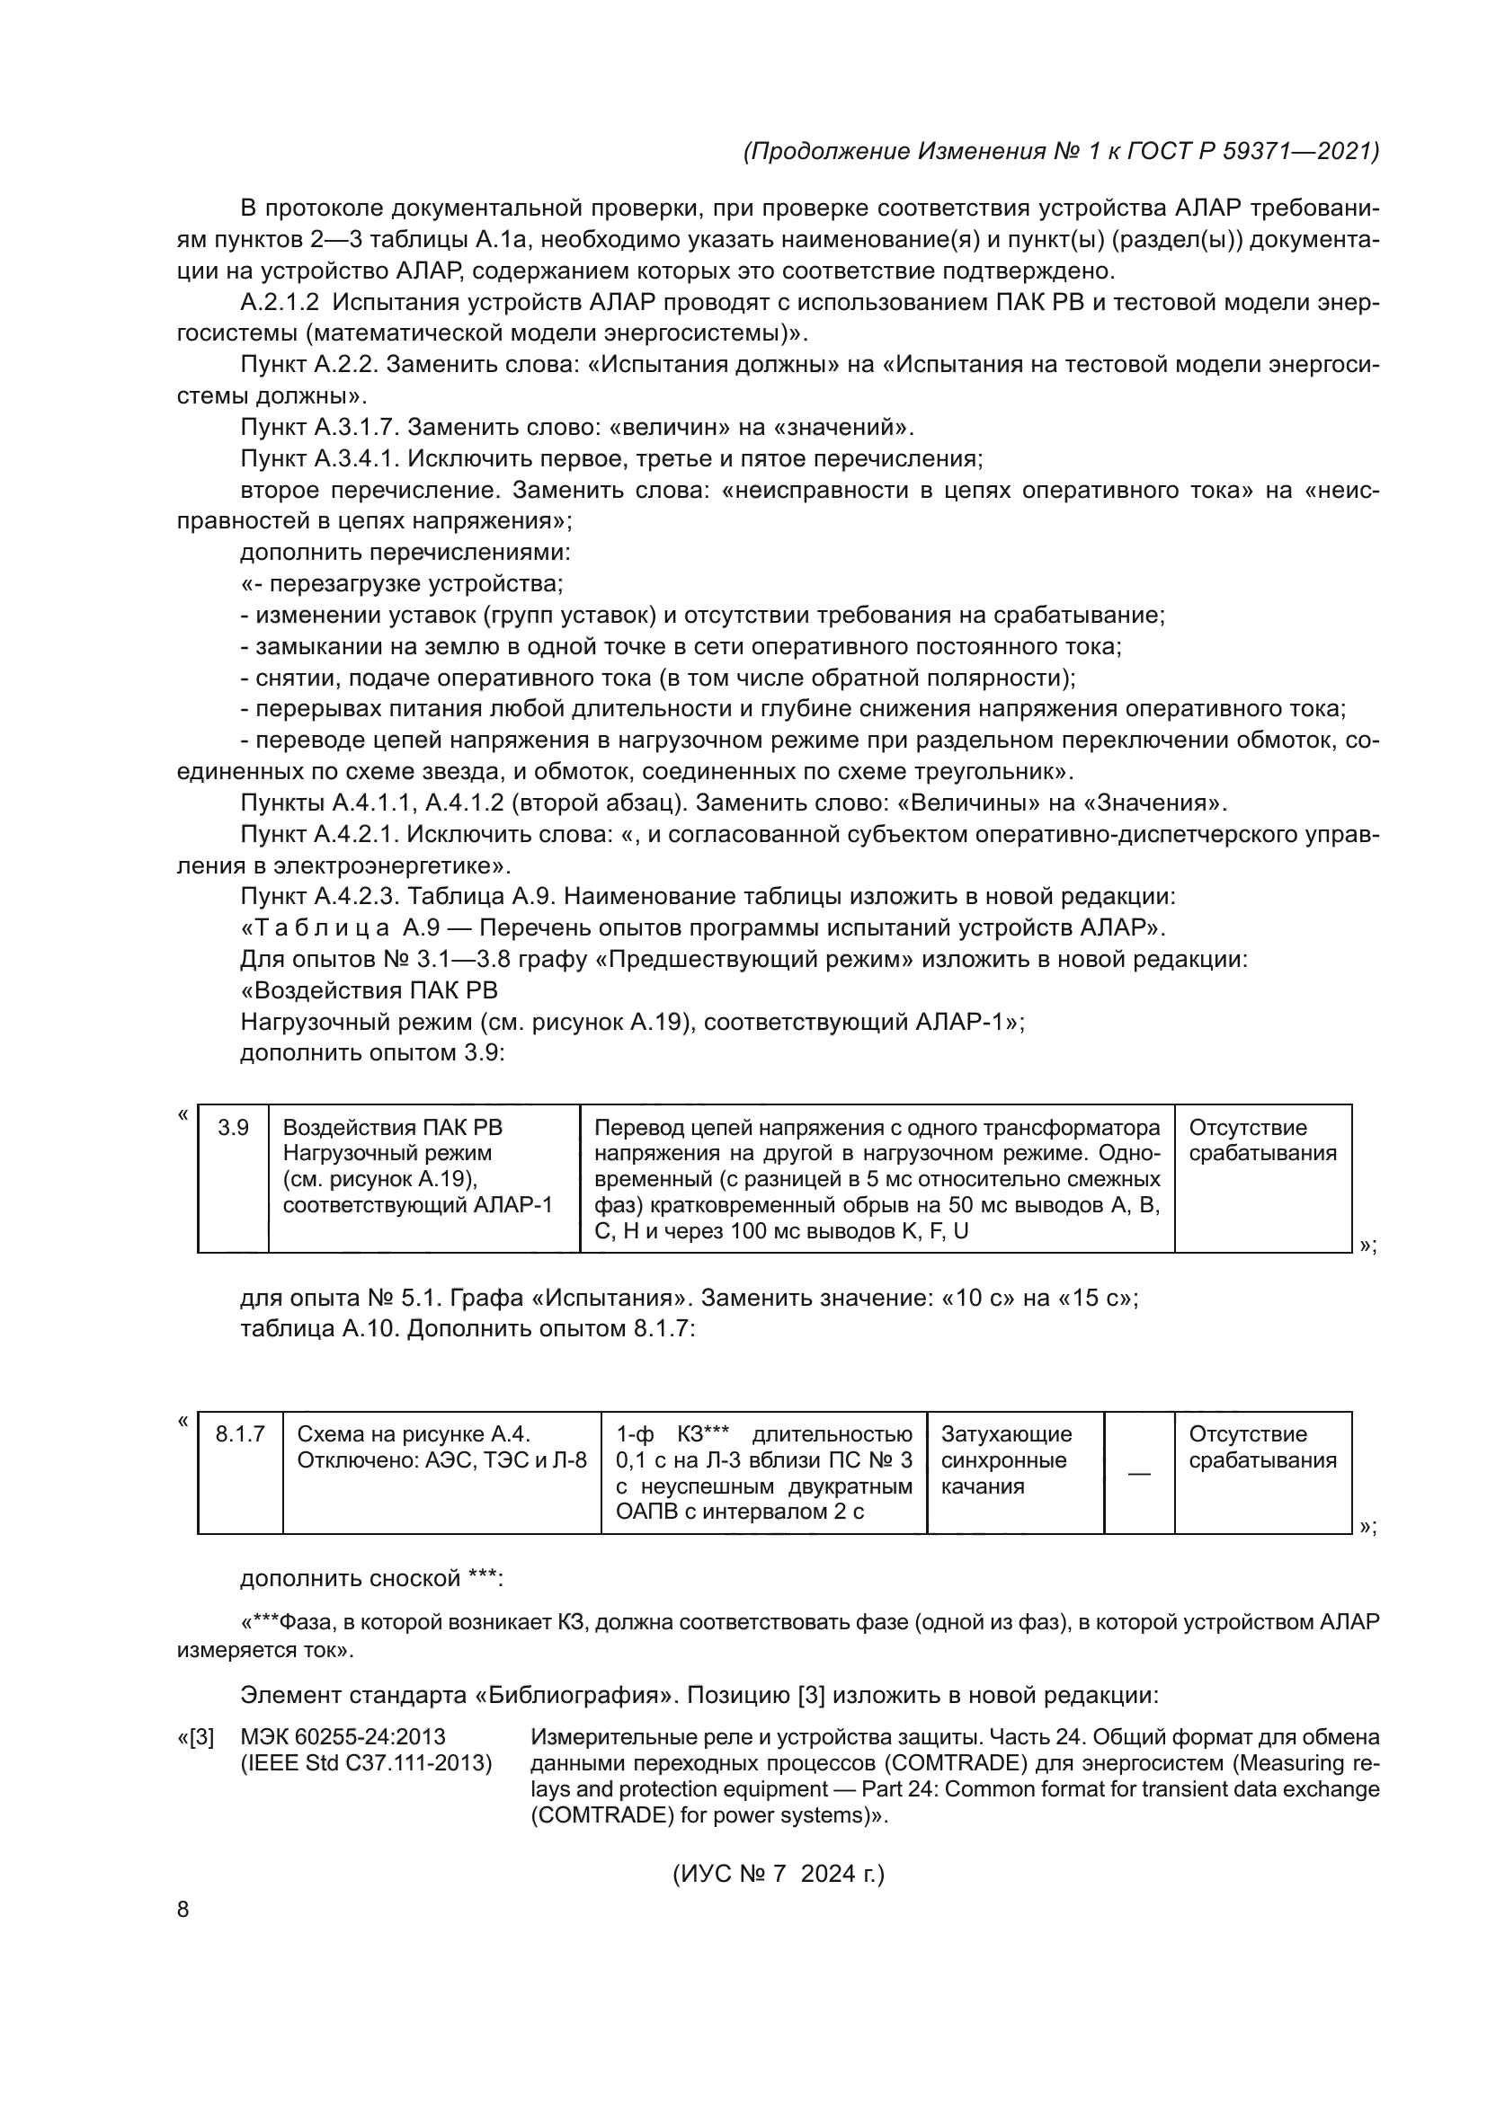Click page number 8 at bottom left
tap(183, 1902)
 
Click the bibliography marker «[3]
tap(195, 1738)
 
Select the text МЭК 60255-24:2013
tap(343, 1738)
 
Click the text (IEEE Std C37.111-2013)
tap(365, 1763)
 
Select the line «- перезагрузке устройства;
tap(402, 584)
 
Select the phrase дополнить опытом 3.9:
tap(373, 1053)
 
